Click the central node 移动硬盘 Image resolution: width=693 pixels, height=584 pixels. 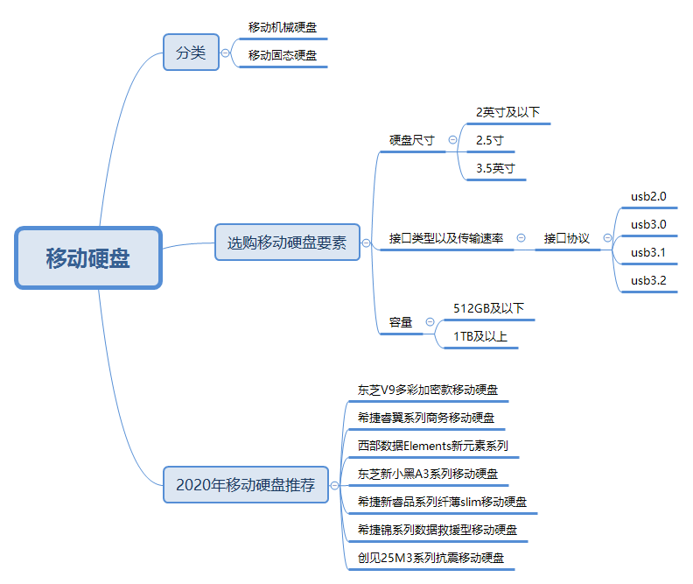[x=88, y=258]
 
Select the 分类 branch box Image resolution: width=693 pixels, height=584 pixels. [x=191, y=53]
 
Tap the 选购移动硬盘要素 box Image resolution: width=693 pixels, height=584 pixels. [x=287, y=243]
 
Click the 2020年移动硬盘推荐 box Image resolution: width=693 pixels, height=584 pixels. [x=245, y=485]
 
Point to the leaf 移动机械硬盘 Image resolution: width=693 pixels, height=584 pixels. [x=282, y=27]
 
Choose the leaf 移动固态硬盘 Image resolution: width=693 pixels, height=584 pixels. [x=282, y=55]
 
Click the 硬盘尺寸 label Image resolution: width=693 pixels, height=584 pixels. [x=411, y=140]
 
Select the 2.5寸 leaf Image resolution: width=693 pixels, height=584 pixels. [x=490, y=140]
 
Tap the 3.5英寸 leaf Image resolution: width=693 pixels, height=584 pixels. [x=495, y=168]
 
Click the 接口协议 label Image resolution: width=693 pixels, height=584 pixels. [x=566, y=238]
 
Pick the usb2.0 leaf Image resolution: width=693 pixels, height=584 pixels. [x=648, y=196]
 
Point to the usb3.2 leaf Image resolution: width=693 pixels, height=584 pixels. [x=648, y=280]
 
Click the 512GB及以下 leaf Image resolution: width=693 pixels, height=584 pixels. [x=488, y=308]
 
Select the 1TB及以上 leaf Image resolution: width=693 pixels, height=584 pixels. [x=479, y=336]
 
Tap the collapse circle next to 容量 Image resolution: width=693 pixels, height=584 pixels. [x=430, y=322]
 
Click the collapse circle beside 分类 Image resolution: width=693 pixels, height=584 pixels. [x=226, y=53]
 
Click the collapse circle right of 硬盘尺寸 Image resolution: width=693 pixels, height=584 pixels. [x=452, y=139]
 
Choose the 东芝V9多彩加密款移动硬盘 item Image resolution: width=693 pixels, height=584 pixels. [x=429, y=390]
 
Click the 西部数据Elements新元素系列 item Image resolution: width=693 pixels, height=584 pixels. [x=432, y=446]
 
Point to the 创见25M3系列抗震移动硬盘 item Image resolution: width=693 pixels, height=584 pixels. [x=430, y=558]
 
